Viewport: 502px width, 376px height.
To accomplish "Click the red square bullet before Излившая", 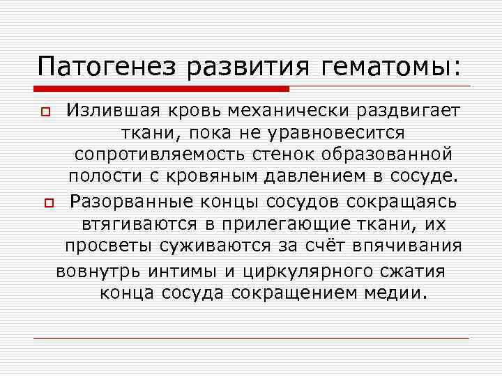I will click(x=47, y=112).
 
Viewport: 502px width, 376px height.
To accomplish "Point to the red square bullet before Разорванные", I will click(x=47, y=204).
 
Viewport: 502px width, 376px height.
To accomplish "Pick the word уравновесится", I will click(x=331, y=132).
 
